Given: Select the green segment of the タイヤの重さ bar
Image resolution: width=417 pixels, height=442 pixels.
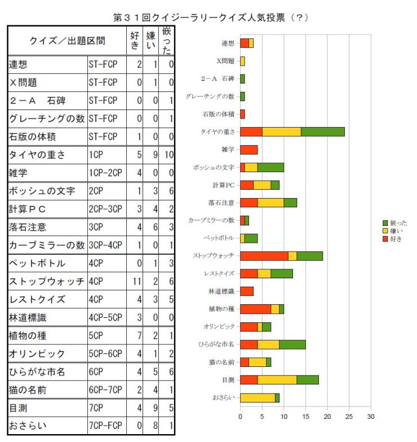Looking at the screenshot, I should [323, 132].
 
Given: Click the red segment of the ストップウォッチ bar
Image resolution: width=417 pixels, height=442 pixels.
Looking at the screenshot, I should [264, 256].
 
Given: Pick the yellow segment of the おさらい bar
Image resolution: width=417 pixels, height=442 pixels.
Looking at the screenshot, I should [258, 398].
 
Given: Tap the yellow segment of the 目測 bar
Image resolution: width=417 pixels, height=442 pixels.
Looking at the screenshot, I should [277, 380].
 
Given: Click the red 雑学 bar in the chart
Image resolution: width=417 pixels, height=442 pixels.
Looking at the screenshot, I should [249, 150].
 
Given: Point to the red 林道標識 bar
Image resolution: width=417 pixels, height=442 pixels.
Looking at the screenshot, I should [246, 291].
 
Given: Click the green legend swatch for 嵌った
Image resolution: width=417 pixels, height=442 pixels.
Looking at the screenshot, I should [385, 223].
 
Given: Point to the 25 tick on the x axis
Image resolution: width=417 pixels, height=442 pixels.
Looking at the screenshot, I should [349, 417].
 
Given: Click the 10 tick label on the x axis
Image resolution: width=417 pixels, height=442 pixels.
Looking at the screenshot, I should [283, 417].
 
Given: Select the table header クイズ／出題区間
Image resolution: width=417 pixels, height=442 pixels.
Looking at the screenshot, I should [66, 41].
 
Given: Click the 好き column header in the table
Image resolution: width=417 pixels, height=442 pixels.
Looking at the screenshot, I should [135, 41].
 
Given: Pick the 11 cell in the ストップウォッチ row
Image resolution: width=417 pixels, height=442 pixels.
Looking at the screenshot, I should [137, 281].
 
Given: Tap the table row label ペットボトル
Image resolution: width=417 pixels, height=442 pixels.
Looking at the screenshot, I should [37, 264].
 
